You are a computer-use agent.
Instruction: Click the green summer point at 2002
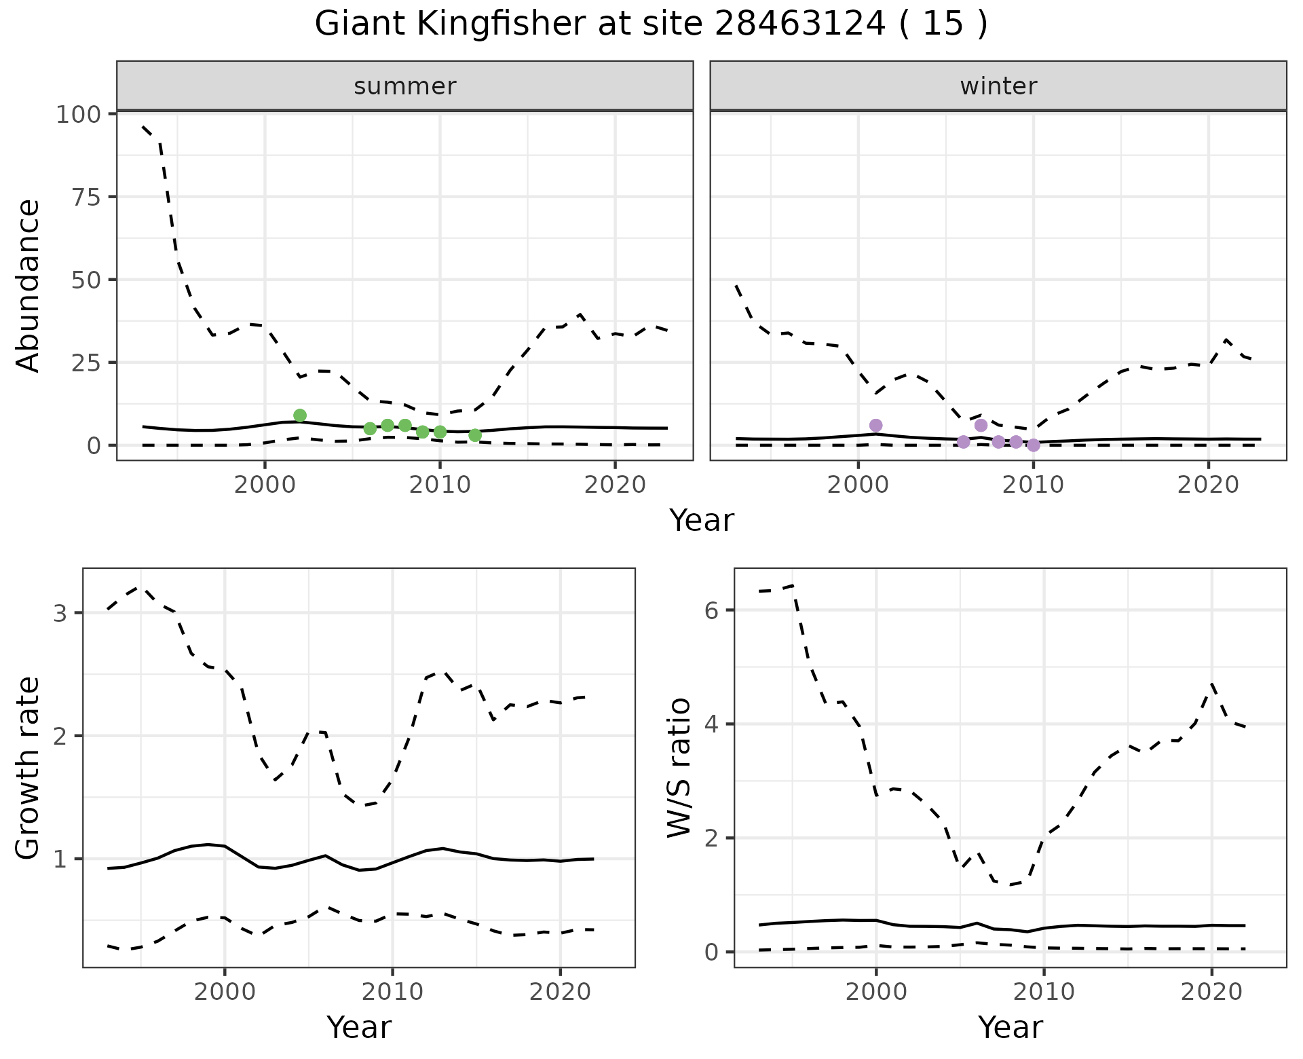coord(300,415)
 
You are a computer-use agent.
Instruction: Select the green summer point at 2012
coord(475,435)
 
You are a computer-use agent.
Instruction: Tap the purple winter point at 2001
coord(875,425)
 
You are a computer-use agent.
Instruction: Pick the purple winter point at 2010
coord(1033,445)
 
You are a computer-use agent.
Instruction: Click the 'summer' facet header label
coord(404,86)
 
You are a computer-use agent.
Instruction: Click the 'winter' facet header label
coord(998,86)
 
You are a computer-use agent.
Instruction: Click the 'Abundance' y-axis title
coord(29,286)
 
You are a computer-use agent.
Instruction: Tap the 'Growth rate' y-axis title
coord(29,768)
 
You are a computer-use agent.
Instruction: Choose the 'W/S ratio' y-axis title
coord(679,768)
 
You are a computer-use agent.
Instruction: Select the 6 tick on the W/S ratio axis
coord(711,610)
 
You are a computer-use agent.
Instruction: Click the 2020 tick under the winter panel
coord(1207,485)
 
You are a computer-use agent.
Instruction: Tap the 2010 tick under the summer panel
coord(440,485)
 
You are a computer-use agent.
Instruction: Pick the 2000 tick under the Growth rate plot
coord(225,992)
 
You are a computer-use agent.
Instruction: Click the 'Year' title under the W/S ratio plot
coord(1010,1027)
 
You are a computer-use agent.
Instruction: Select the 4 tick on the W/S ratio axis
coord(711,724)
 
